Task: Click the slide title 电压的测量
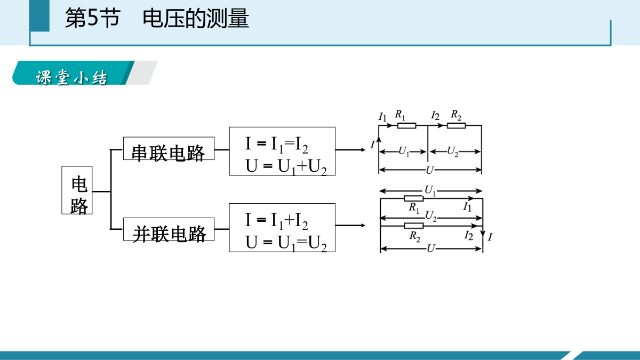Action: pos(196,18)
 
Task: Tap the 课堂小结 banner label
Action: pos(71,77)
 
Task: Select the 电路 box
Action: pos(77,190)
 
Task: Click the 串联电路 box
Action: pos(169,149)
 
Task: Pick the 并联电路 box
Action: pos(169,229)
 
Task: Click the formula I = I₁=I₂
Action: pos(277,145)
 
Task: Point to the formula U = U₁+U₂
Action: pos(286,166)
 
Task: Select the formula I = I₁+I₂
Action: pos(277,221)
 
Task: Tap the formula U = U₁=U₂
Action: pos(286,243)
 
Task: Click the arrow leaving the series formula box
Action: pos(350,150)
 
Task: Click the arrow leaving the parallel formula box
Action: pos(350,226)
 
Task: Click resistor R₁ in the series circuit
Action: pos(406,125)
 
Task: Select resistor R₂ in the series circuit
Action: pos(457,125)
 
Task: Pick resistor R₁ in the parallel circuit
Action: pos(414,198)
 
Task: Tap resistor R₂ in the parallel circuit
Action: pos(414,226)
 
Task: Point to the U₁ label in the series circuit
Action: pos(404,151)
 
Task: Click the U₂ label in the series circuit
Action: pos(453,151)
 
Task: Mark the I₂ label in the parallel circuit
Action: pos(469,236)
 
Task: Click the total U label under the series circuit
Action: pos(430,170)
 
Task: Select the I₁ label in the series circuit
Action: pos(382,117)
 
